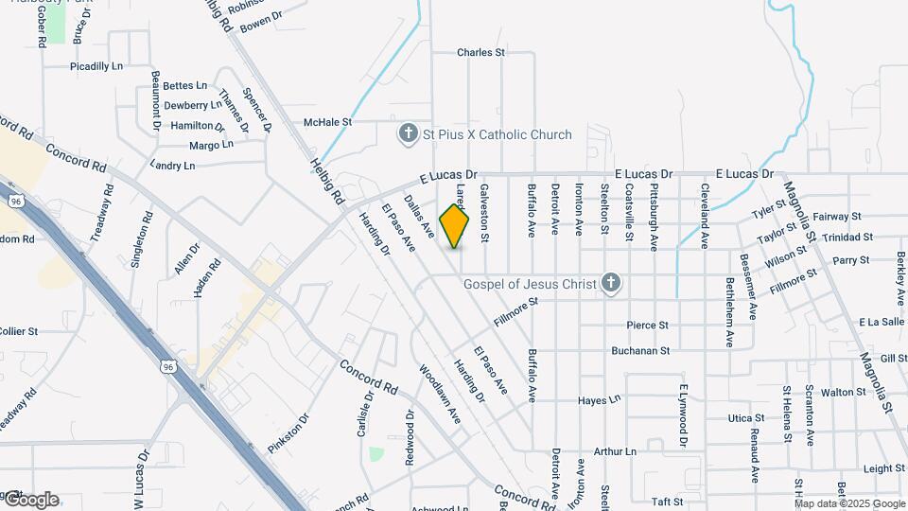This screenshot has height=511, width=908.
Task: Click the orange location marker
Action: pyautogui.click(x=455, y=226)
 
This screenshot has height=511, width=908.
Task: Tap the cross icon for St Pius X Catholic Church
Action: pyautogui.click(x=408, y=134)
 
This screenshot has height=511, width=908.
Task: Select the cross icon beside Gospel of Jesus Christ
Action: pyautogui.click(x=611, y=283)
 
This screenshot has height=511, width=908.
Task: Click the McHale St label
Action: pyautogui.click(x=327, y=122)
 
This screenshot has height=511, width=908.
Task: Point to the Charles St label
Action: pyautogui.click(x=480, y=53)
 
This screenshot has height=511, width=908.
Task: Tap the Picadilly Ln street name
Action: pyautogui.click(x=96, y=67)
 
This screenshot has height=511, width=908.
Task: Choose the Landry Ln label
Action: pyautogui.click(x=172, y=166)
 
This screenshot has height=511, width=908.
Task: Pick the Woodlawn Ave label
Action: pyautogui.click(x=439, y=394)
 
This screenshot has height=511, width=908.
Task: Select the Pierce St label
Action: pyautogui.click(x=648, y=326)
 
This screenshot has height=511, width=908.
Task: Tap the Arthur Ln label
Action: pyautogui.click(x=615, y=452)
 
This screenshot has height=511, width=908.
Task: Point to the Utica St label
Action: pyautogui.click(x=745, y=417)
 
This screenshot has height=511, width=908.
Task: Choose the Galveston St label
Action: pyautogui.click(x=484, y=213)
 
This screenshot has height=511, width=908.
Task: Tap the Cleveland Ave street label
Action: pyautogui.click(x=705, y=216)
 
